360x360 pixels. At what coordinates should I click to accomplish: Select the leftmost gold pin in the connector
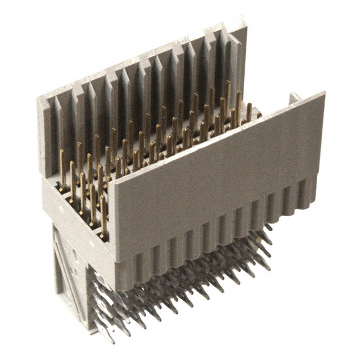[x=62, y=169]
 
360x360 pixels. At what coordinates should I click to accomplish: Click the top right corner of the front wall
[x=325, y=93]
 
